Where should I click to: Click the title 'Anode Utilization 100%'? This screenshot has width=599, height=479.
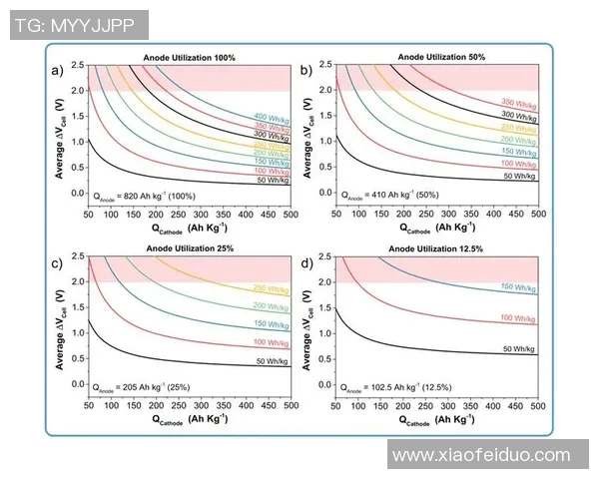pos(189,59)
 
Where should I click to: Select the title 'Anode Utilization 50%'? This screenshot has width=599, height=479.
pos(438,58)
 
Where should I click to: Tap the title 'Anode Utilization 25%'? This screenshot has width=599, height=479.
pos(189,249)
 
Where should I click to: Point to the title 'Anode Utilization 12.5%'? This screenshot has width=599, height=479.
pos(438,249)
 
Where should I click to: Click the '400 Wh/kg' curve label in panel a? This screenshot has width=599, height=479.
pos(272,117)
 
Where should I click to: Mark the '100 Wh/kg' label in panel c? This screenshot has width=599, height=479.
pos(272,342)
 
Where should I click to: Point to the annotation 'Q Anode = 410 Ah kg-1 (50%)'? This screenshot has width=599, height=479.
pos(392,196)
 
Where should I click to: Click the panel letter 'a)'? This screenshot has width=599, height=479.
pos(58,70)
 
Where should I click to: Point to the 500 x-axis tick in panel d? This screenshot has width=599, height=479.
pos(538,406)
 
